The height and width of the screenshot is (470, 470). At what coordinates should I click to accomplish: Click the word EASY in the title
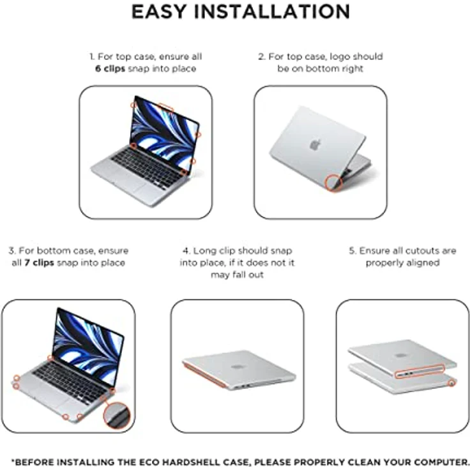(159, 11)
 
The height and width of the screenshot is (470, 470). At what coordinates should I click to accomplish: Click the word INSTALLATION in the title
(272, 11)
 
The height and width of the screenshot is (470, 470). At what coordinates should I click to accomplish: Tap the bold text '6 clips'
(110, 68)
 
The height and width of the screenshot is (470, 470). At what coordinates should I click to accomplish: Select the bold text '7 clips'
(39, 263)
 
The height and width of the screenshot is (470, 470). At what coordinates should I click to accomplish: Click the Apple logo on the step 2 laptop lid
(315, 144)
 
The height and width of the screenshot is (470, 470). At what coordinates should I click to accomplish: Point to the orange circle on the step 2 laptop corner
(333, 183)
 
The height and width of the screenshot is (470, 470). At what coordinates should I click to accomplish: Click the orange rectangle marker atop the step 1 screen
(165, 107)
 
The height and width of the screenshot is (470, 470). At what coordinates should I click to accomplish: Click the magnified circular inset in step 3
(117, 415)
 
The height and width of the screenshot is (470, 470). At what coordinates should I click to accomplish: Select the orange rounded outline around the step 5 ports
(420, 372)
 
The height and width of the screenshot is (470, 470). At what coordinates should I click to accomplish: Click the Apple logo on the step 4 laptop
(237, 367)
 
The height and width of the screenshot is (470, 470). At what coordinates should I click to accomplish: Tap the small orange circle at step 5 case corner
(451, 383)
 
